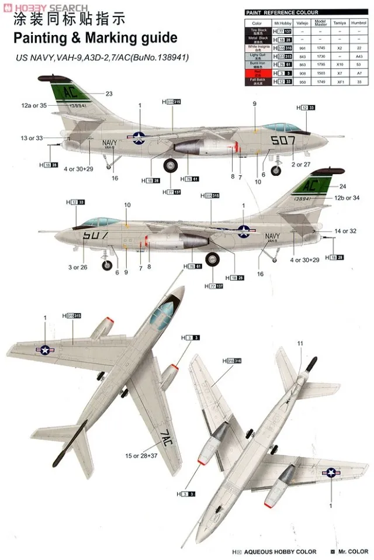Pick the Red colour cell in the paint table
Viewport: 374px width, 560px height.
click(x=257, y=74)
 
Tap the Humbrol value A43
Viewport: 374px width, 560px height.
click(x=359, y=56)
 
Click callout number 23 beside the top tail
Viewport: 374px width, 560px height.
click(x=109, y=94)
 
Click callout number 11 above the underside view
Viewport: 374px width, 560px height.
click(x=300, y=343)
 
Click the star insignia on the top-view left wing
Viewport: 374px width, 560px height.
click(x=45, y=349)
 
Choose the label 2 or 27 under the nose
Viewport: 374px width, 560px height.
click(x=304, y=165)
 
